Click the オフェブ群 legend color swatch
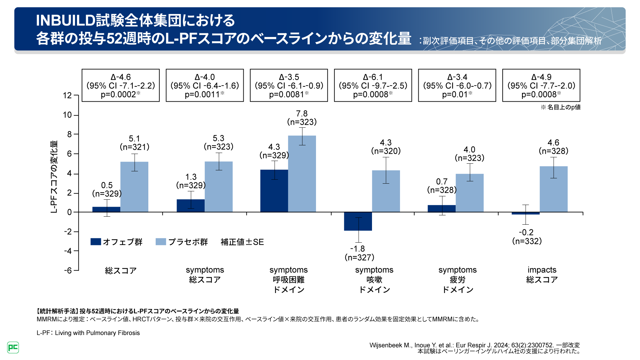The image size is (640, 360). [96, 242]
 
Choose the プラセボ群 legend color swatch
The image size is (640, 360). [161, 242]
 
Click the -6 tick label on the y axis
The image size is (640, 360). [68, 270]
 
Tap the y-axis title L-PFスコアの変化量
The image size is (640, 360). [54, 177]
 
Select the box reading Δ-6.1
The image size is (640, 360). [373, 85]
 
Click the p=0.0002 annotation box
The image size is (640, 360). [121, 85]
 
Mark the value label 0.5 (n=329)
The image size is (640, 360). [107, 189]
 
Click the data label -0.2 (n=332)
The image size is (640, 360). [527, 237]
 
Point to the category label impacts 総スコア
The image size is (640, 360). [542, 275]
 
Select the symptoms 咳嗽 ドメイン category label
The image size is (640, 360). [374, 279]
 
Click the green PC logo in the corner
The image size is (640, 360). [13, 347]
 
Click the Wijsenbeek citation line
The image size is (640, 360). [474, 345]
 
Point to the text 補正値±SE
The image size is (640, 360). [242, 242]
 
